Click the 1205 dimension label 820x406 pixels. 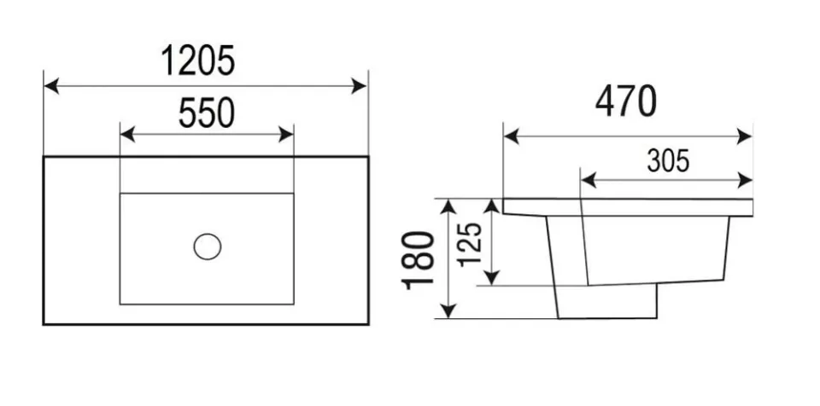tap(197, 60)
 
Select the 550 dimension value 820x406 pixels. tap(207, 113)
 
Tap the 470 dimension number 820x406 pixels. tap(625, 101)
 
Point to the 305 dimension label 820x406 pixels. tap(668, 160)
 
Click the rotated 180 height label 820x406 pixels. tap(419, 259)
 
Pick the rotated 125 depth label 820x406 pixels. tap(470, 244)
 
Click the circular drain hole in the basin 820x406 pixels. tap(207, 246)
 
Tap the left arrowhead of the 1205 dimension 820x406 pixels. tap(51, 85)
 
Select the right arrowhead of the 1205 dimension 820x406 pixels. tap(359, 85)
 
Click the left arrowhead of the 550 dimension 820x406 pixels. tap(128, 134)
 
